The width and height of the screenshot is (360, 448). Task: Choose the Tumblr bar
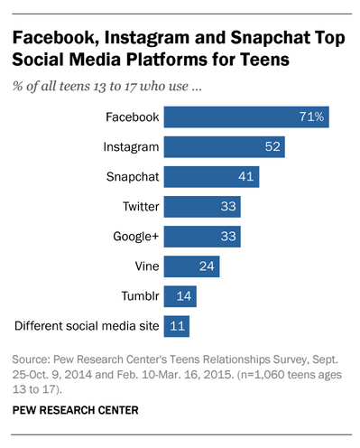179,295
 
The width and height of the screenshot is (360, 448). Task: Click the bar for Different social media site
176,325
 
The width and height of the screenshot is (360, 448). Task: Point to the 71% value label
315,117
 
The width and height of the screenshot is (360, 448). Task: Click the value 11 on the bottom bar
179,325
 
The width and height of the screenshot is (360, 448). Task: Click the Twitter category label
141,207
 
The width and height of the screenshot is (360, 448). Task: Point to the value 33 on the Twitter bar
229,207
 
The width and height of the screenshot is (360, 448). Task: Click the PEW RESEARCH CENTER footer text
76,410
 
